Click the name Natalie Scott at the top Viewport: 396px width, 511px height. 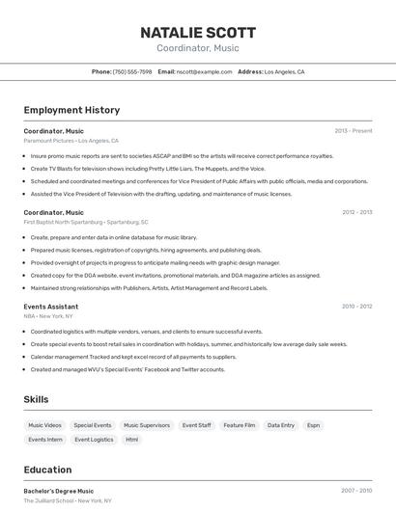coord(197,32)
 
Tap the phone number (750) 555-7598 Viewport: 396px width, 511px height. coord(132,71)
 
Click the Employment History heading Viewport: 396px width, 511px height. coord(71,111)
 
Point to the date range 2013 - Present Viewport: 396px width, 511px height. coord(354,131)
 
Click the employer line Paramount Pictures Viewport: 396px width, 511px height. coord(71,141)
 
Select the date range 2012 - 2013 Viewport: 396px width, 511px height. coord(356,212)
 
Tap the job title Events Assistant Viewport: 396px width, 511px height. coord(51,307)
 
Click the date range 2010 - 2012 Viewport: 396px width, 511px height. coord(356,307)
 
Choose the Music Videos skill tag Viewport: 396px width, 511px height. coord(44,425)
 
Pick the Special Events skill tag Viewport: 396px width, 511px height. coord(93,425)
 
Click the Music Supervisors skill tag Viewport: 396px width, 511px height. coord(147,425)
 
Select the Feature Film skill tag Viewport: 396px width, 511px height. coord(240,425)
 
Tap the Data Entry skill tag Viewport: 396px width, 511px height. coord(281,425)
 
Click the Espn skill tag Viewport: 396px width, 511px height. coord(314,425)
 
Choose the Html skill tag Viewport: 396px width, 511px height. coord(132,440)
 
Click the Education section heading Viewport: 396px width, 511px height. coord(47,471)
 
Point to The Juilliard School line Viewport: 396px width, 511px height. coord(68,501)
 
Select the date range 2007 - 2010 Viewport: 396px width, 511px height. coord(356,491)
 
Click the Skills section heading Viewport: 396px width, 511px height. coord(37,399)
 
